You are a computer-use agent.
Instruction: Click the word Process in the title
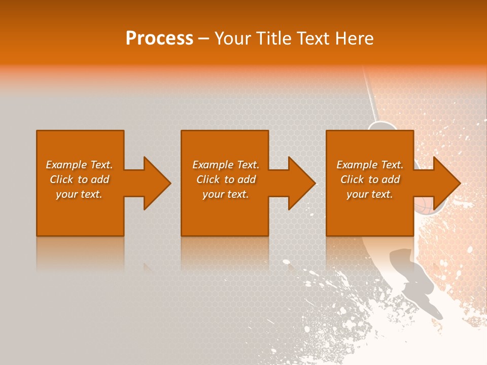tap(159, 39)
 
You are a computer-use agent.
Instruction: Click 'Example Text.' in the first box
tap(79, 165)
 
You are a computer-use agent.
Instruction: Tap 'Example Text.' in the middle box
tap(226, 165)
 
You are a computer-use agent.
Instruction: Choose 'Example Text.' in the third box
tap(370, 165)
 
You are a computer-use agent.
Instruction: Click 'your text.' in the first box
tap(79, 194)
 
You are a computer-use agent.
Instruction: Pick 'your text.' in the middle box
tap(226, 194)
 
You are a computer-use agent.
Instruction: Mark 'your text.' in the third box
tap(370, 194)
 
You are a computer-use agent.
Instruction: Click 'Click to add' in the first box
tap(79, 179)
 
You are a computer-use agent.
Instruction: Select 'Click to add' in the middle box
tap(226, 179)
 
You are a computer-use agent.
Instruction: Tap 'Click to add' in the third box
tap(370, 179)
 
